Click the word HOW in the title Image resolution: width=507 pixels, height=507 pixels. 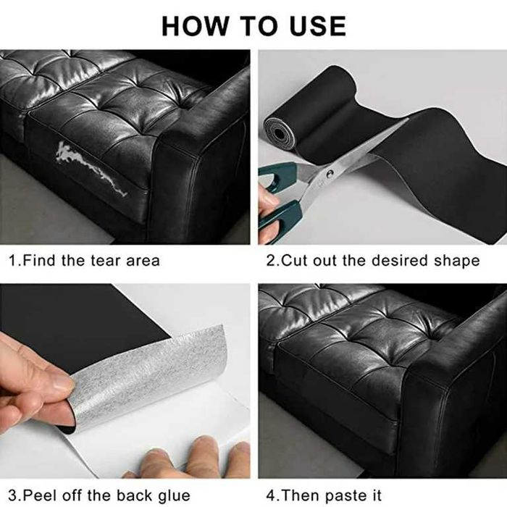pyautogui.click(x=195, y=26)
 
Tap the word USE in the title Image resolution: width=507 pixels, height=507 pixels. pyautogui.click(x=318, y=26)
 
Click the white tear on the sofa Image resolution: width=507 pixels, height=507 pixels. pyautogui.click(x=91, y=169)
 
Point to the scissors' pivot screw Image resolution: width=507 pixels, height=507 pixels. pyautogui.click(x=330, y=172)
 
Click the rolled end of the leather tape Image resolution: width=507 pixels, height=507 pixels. pyautogui.click(x=280, y=133)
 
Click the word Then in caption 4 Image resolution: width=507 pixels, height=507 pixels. pyautogui.click(x=301, y=495)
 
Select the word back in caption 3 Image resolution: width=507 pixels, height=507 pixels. pyautogui.click(x=134, y=495)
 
